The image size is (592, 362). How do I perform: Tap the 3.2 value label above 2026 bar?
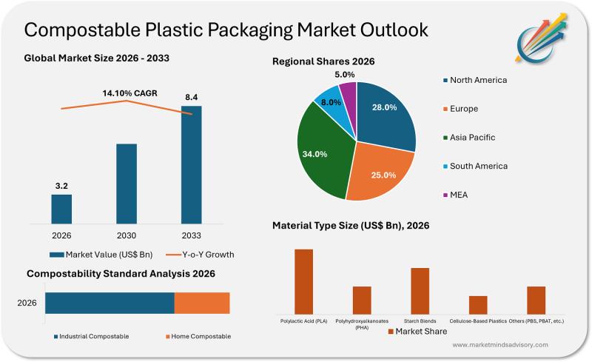(x=61, y=184)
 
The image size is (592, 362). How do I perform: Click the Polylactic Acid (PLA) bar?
(x=303, y=281)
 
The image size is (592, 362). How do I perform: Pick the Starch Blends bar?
(x=420, y=290)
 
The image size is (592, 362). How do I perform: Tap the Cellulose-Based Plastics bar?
(x=478, y=305)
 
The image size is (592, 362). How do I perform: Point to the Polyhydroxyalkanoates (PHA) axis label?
(x=362, y=324)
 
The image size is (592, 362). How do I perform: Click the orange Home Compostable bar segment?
(x=202, y=303)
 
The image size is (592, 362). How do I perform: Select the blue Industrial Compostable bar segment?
(x=110, y=303)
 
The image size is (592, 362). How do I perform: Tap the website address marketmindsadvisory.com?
(x=499, y=345)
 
